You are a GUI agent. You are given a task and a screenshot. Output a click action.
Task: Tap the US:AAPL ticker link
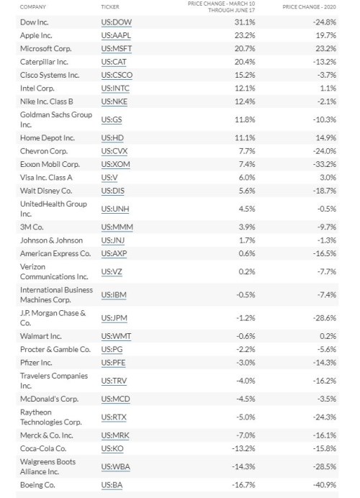(116, 35)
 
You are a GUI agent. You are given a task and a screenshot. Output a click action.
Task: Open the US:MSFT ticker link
(116, 47)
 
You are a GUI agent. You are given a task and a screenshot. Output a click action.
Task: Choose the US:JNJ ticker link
(113, 240)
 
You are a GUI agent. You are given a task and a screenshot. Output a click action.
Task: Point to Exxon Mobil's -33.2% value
(326, 164)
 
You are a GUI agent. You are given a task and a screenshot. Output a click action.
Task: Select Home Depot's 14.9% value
(328, 137)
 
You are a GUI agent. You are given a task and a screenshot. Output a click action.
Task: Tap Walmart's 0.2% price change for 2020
(329, 336)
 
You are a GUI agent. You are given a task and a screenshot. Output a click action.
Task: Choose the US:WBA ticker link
(115, 466)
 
